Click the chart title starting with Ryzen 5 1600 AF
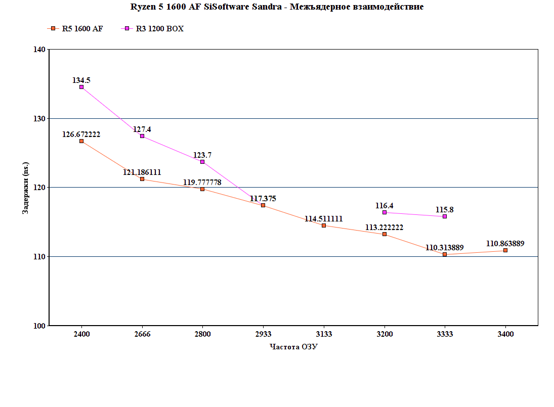[277, 7]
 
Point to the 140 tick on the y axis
[39, 50]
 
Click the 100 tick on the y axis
[39, 326]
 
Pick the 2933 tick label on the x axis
[263, 334]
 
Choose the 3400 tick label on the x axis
[505, 334]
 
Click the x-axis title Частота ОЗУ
[293, 347]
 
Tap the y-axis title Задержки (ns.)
[25, 188]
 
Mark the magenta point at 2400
[81, 87]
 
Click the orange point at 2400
[81, 141]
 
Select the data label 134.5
[81, 80]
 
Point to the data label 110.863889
[505, 243]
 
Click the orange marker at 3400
[505, 250]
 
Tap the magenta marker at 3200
[385, 212]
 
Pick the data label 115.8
[445, 209]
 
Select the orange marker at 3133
[324, 225]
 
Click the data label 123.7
[202, 155]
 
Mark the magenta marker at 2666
[142, 136]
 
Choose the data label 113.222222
[385, 228]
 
